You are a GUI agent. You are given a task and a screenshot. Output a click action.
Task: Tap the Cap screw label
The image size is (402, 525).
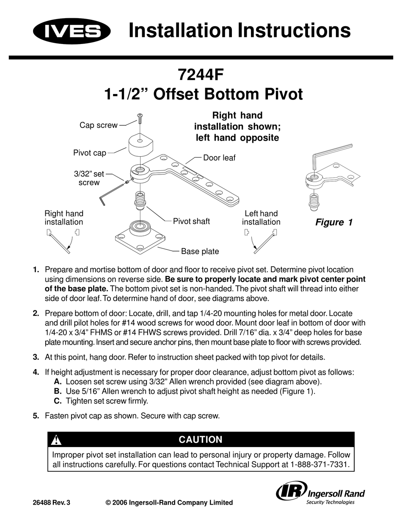tap(99, 125)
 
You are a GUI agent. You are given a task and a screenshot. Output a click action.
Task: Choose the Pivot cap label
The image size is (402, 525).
tap(89, 153)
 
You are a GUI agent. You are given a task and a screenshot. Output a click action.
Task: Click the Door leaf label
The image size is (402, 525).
tap(219, 158)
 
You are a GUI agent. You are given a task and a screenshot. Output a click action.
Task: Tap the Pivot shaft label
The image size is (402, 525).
tap(191, 221)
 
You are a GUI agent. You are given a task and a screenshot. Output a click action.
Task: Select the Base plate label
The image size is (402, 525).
tap(200, 251)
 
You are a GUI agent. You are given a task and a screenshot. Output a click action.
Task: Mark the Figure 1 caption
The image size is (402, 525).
tap(334, 223)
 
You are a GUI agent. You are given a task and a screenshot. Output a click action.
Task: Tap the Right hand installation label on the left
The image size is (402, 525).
tap(64, 218)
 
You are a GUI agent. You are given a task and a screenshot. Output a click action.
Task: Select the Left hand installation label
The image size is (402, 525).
tap(261, 218)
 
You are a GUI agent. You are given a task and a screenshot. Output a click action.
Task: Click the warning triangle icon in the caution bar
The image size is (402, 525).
tap(56, 440)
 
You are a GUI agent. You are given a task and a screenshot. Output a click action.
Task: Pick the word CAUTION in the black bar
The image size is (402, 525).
tap(201, 439)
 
